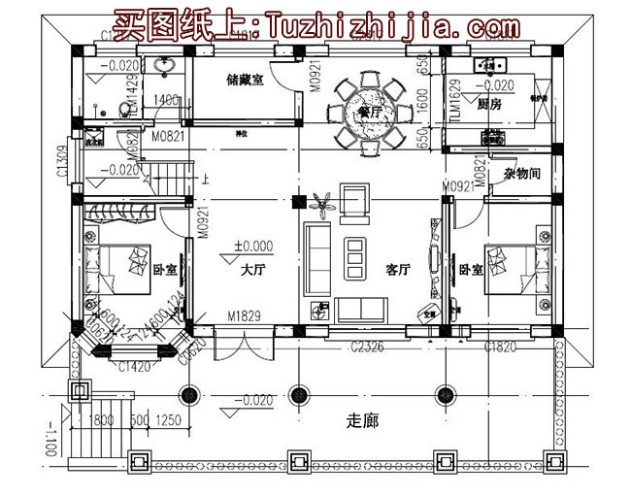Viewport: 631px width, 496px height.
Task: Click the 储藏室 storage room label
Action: point(244,82)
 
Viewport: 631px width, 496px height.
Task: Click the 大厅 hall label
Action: point(253,271)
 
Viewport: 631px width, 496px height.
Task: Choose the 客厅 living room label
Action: point(400,271)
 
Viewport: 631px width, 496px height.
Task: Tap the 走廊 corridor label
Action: point(360,421)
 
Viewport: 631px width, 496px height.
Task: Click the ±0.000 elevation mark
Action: point(252,246)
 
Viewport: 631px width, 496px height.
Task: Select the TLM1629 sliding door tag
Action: point(453,104)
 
